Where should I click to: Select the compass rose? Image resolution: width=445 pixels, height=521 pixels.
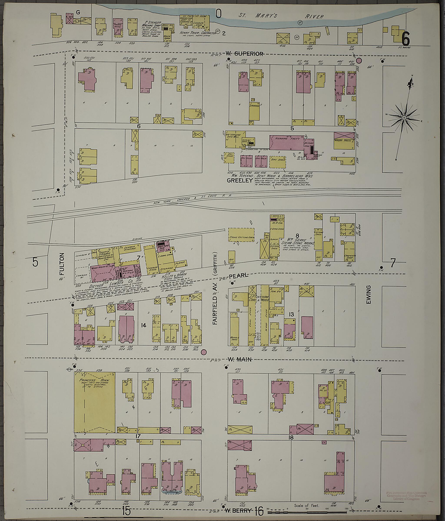404,118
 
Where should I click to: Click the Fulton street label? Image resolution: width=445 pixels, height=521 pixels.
62,264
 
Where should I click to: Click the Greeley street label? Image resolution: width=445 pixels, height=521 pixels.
239,180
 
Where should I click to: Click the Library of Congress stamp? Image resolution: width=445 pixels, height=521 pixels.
406,496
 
